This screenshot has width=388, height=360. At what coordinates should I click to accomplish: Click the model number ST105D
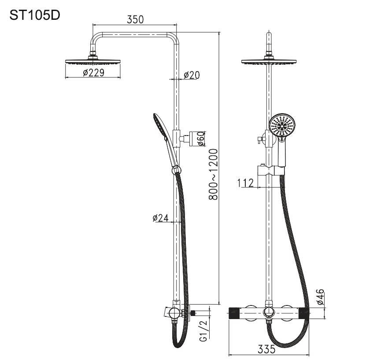coord(35,15)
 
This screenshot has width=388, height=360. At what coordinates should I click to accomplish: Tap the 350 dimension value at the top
coord(135,19)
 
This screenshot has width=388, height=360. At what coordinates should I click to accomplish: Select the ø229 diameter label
coord(94,73)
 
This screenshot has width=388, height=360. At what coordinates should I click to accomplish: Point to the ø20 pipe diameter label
coord(192,75)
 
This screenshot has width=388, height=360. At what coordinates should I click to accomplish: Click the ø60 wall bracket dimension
coord(201,139)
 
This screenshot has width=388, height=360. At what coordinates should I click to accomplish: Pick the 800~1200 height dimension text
coord(213,174)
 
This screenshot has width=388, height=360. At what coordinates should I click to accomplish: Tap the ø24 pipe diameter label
coord(161,218)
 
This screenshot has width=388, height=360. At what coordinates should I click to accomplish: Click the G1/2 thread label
coord(203,331)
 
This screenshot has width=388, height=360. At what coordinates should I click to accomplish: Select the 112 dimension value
coord(245,183)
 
